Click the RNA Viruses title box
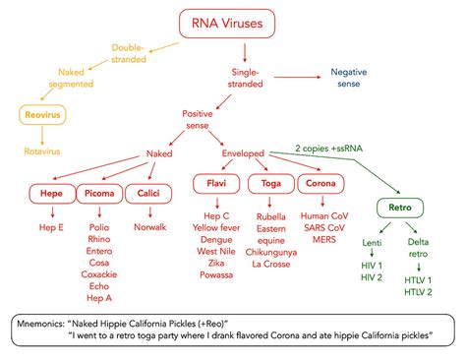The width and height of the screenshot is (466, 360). click(227, 24)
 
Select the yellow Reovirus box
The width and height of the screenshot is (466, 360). click(42, 115)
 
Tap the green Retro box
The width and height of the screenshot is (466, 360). click(400, 208)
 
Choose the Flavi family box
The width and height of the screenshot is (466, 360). click(216, 183)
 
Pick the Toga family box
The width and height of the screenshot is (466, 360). click(271, 184)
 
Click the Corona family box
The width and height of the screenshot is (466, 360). click(320, 183)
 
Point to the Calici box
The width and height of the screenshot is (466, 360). click(148, 194)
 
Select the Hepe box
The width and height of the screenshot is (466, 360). click(52, 194)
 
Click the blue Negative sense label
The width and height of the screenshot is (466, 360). click(349, 78)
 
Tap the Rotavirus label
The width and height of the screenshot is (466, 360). click(42, 151)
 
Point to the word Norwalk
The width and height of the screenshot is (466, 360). click(150, 227)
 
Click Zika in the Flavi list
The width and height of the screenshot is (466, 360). click(216, 263)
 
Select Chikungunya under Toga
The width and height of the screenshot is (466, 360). click(271, 252)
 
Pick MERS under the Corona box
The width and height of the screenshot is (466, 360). click(324, 240)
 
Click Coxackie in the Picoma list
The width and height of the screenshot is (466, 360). click(99, 274)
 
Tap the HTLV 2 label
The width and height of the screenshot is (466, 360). click(418, 292)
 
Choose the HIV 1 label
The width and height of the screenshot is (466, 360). click(372, 266)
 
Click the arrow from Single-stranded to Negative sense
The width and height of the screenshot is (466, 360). click(297, 77)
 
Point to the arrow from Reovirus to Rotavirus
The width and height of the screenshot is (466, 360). click(42, 136)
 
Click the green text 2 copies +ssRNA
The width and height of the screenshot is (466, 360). click(328, 149)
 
